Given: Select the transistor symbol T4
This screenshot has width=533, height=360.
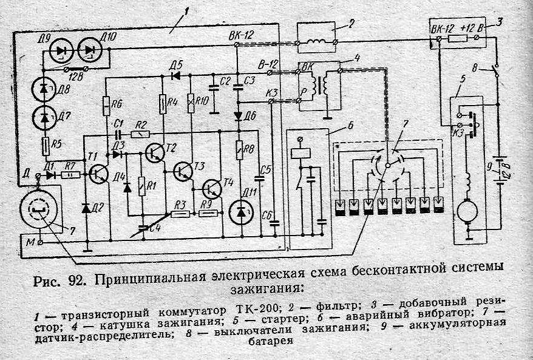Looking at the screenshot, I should click(x=212, y=189).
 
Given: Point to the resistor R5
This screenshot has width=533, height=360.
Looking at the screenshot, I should click(x=45, y=146).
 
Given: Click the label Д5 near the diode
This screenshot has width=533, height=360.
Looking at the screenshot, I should click(x=176, y=65).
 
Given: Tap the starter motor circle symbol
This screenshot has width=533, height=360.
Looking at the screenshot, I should click(x=467, y=212).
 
